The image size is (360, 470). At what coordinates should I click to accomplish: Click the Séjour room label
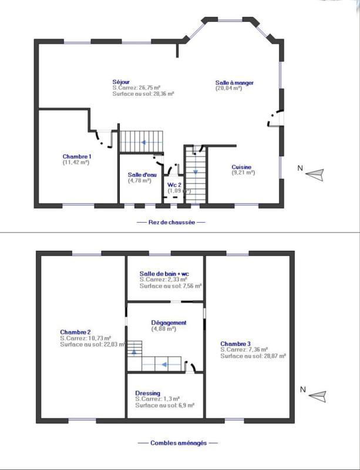click(x=121, y=81)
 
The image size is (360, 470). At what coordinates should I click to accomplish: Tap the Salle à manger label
click(x=234, y=83)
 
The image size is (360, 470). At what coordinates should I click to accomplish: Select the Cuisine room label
click(x=243, y=166)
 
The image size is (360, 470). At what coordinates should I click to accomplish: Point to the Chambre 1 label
click(x=77, y=156)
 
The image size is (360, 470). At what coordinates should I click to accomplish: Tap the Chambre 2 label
click(x=75, y=332)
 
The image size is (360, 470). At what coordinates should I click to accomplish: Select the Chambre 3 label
click(x=235, y=344)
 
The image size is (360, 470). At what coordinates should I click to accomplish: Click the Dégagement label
click(x=169, y=323)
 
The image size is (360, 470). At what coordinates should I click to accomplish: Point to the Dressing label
click(x=147, y=393)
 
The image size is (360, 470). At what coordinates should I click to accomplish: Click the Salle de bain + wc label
click(x=164, y=274)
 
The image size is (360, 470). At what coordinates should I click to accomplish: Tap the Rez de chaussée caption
click(x=171, y=223)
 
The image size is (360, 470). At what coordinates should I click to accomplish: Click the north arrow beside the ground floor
click(x=316, y=173)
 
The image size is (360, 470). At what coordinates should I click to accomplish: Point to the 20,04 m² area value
click(x=229, y=89)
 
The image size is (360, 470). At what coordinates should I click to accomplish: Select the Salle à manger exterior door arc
click(x=273, y=118)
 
